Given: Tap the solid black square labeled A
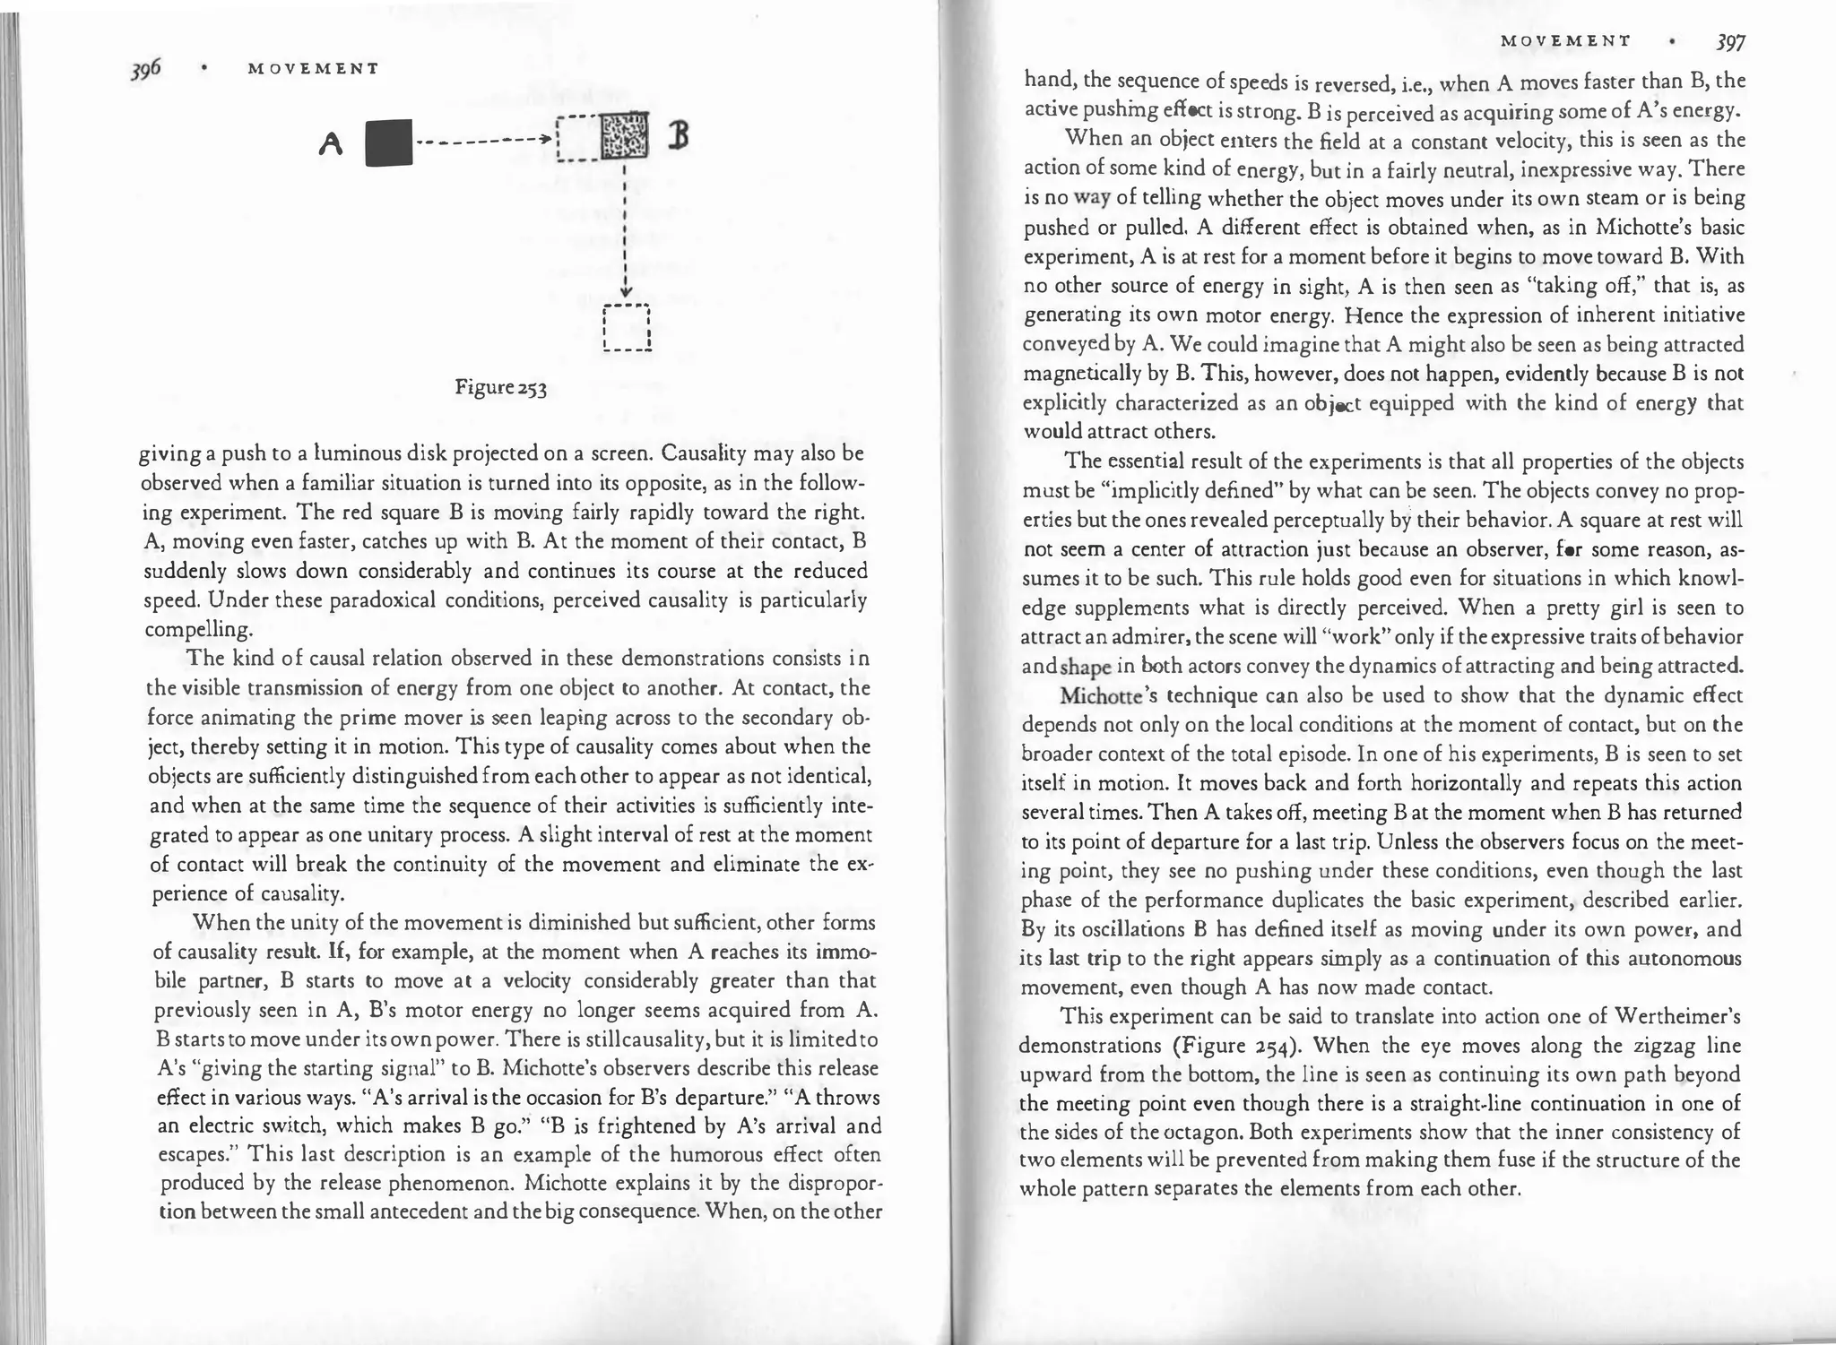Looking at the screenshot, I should click(x=390, y=143).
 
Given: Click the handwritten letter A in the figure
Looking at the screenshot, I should click(x=332, y=144).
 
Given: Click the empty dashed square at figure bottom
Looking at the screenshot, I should click(x=627, y=329).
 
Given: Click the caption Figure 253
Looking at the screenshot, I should click(x=500, y=388).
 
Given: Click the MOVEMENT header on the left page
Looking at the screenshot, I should click(x=312, y=69).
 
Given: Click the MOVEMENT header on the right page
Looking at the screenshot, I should click(x=1564, y=41).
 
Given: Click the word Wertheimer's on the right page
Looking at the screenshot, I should click(x=1676, y=1016).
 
